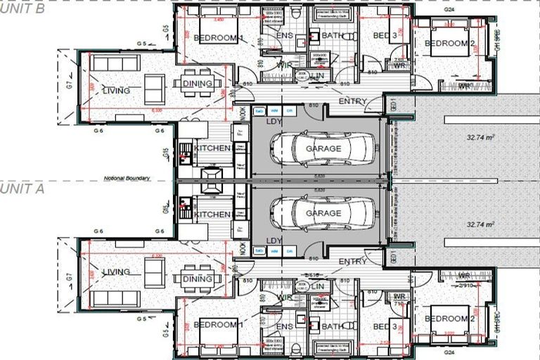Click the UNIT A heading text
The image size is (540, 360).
(22, 188)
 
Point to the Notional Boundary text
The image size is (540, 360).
(127, 179)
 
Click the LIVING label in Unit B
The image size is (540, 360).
(116, 91)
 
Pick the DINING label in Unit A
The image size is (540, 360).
(198, 279)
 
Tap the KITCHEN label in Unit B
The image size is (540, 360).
(212, 148)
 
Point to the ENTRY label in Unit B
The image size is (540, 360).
(352, 102)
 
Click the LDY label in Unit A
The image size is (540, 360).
(274, 240)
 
